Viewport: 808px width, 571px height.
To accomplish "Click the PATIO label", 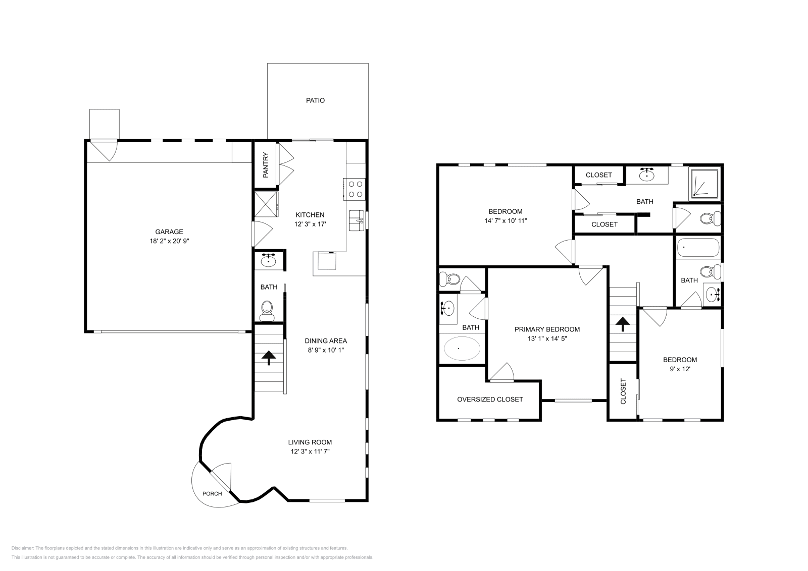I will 315,100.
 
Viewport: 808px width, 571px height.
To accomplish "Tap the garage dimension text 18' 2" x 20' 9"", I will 169,241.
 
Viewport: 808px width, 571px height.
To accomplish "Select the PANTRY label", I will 266,165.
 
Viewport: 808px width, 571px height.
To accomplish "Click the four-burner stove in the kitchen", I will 356,189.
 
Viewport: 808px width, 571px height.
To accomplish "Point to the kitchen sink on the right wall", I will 357,220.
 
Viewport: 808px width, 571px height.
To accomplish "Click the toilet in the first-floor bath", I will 266,309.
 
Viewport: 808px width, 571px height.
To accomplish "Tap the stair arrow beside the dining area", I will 269,358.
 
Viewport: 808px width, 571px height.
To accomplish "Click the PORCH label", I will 212,493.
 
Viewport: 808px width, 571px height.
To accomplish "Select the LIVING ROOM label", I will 310,442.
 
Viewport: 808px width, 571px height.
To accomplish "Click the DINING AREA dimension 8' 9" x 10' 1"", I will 325,350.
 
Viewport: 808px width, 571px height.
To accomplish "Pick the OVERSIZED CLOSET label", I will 490,399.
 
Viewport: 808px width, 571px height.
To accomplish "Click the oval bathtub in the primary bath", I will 462,349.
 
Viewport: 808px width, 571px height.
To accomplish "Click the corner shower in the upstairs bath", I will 705,184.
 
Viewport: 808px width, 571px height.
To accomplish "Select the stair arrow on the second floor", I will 622,323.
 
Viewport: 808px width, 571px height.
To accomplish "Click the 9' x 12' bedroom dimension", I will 680,369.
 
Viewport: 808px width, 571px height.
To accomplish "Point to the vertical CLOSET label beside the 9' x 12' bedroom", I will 623,391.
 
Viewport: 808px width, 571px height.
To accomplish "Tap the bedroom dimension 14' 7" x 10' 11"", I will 506,220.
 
